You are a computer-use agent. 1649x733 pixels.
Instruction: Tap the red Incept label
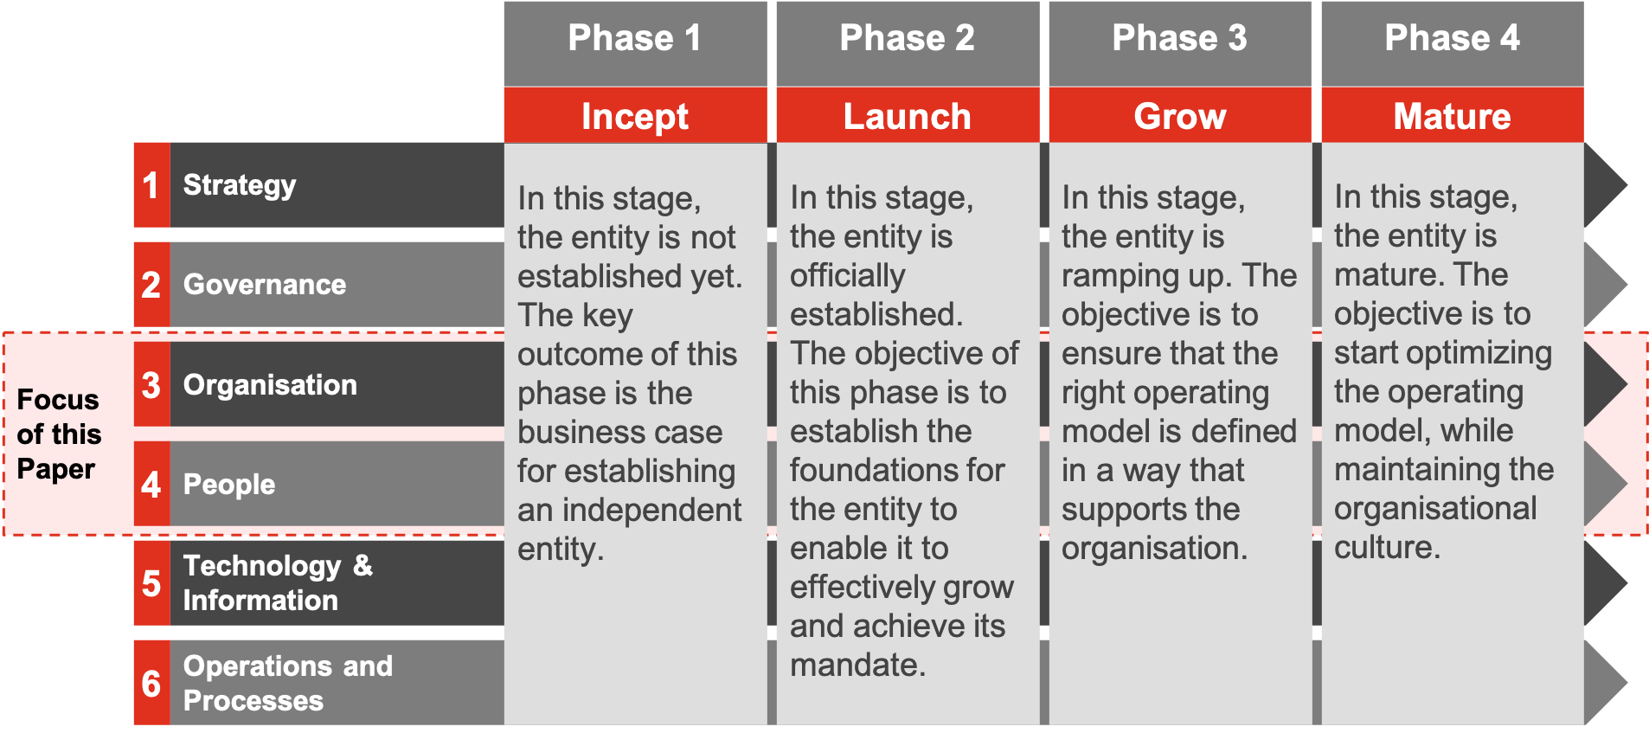click(x=635, y=115)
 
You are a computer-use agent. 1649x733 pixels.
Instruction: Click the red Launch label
click(x=908, y=115)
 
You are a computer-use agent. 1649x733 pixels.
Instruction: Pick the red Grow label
click(x=1180, y=115)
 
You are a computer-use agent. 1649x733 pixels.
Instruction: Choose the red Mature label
click(x=1453, y=115)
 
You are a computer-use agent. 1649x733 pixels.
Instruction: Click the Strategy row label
click(x=240, y=185)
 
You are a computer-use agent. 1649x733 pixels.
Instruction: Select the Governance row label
click(x=265, y=285)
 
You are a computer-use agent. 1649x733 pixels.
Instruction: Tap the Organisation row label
click(x=270, y=384)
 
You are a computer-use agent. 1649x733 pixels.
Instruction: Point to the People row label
click(x=229, y=485)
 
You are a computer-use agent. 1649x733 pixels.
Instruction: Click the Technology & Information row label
click(x=278, y=583)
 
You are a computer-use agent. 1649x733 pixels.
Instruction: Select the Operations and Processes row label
click(x=287, y=683)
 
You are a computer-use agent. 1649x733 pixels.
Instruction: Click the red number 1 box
click(x=152, y=185)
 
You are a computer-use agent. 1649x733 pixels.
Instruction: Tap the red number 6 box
click(x=152, y=683)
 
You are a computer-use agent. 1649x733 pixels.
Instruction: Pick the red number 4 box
click(x=152, y=484)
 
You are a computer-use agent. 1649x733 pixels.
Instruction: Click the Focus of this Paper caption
click(x=59, y=434)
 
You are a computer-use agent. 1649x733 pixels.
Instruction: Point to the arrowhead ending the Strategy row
click(x=1606, y=185)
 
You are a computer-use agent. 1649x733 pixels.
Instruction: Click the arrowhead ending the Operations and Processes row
click(x=1606, y=683)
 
